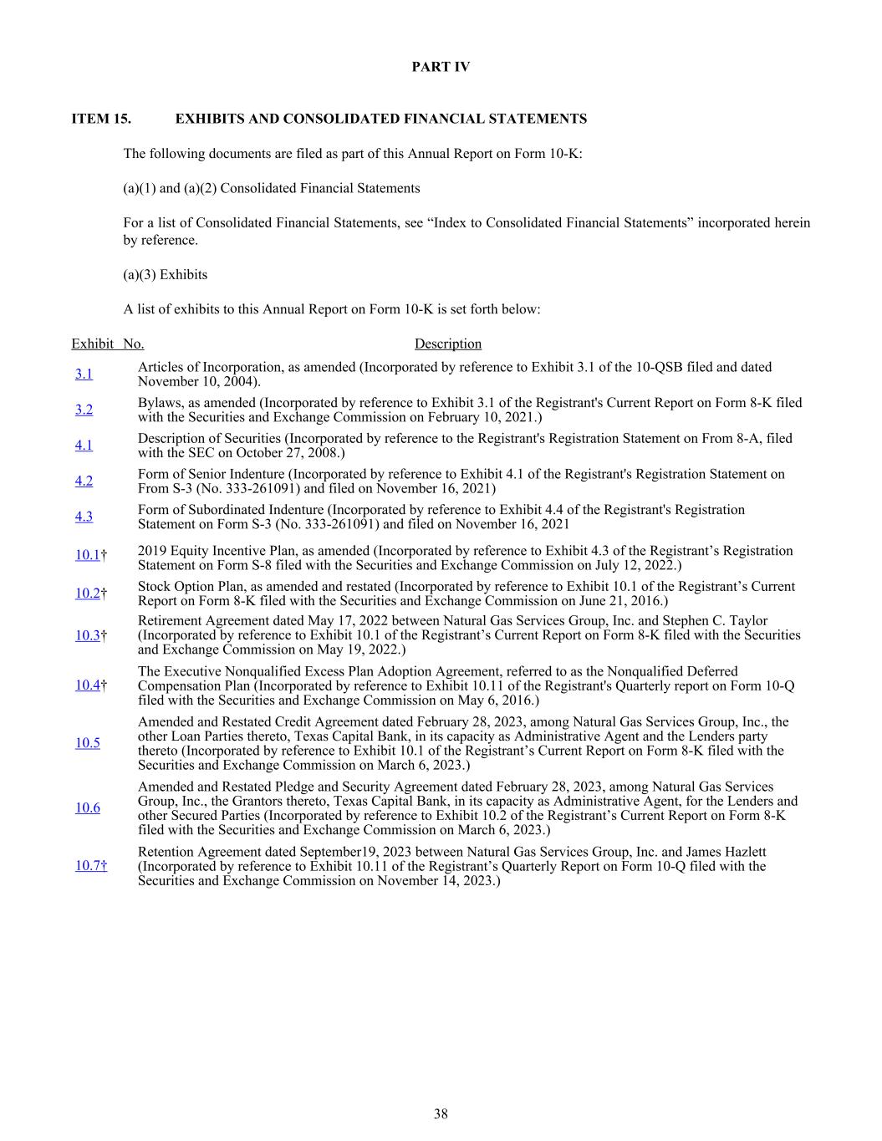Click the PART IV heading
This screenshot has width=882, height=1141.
click(x=441, y=67)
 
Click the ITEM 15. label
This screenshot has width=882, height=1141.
click(x=101, y=119)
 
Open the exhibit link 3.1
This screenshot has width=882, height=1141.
click(x=84, y=374)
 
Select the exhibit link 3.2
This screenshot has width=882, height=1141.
click(x=84, y=410)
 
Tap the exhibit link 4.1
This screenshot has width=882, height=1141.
click(x=84, y=446)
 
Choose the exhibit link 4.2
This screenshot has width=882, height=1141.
click(x=84, y=481)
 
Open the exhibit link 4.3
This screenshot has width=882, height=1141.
click(x=84, y=517)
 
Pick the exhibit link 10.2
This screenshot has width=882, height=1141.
click(x=87, y=593)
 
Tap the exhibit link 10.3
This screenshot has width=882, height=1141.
click(x=87, y=635)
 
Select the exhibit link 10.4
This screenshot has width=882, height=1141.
click(x=87, y=685)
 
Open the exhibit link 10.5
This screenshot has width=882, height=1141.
click(x=87, y=743)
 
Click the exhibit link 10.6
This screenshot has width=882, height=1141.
click(x=87, y=807)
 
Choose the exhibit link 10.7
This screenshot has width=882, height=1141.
click(x=90, y=866)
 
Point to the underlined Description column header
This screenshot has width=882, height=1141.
click(x=447, y=344)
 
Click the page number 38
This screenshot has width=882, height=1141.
click(x=441, y=1113)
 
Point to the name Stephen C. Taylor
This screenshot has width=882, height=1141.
click(x=719, y=621)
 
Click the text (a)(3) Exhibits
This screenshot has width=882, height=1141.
click(x=166, y=274)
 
